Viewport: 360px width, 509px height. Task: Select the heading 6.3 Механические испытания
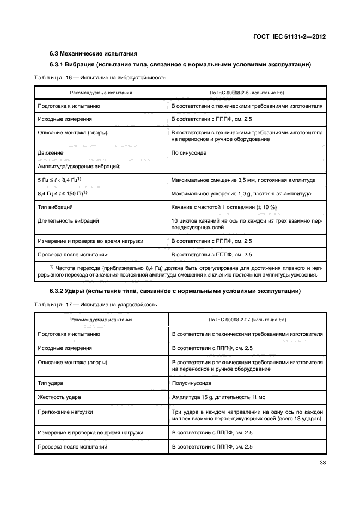pyautogui.click(x=93, y=53)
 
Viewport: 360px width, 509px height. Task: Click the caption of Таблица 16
pyautogui.click(x=100, y=78)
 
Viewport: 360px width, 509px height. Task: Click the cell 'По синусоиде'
pyautogui.click(x=189, y=153)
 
